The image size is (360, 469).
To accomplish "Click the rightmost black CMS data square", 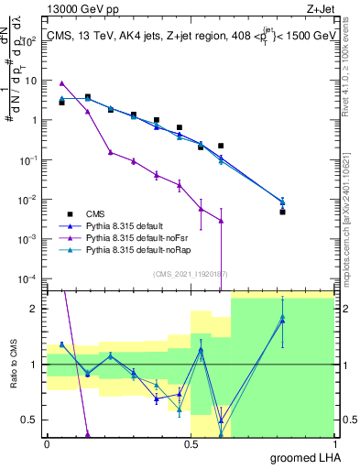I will coord(283,212).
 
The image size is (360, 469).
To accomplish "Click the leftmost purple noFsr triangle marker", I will coord(61,83).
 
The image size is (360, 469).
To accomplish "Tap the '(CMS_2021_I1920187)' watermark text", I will coord(191,273).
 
